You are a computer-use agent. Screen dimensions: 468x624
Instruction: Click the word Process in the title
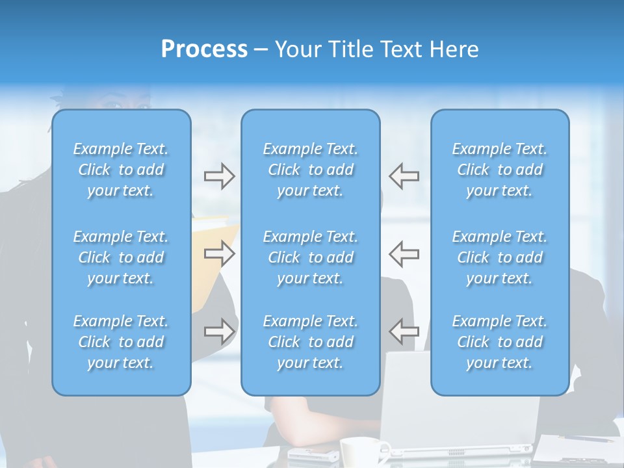tap(204, 49)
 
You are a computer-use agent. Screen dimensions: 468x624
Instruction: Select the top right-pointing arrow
tap(219, 176)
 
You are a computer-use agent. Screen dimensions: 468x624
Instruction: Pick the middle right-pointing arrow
tap(219, 253)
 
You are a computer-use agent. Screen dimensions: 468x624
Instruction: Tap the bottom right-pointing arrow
tap(219, 331)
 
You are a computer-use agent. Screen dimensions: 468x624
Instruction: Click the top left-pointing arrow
tap(404, 176)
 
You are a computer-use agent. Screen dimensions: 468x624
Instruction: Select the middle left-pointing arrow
tap(404, 253)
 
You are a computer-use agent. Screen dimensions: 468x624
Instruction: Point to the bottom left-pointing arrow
tap(404, 331)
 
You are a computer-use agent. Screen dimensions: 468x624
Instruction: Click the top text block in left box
tap(121, 170)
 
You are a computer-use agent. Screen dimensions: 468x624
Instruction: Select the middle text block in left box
tap(121, 257)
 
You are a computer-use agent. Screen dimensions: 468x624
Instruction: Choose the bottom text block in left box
tap(121, 342)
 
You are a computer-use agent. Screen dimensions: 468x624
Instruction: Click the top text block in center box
tap(310, 170)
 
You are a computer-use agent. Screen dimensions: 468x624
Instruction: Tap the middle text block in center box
tap(310, 257)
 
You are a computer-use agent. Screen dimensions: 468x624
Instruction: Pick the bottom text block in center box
tap(310, 342)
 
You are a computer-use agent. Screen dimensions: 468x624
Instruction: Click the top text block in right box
tap(499, 170)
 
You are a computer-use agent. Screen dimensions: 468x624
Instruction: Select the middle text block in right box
tap(499, 257)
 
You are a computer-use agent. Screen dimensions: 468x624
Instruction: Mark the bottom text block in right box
tap(499, 342)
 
